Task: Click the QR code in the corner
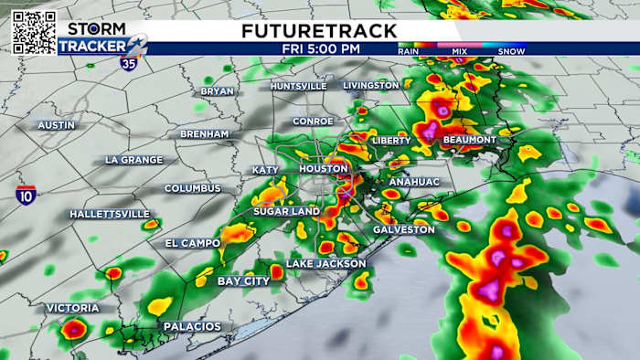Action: [33, 32]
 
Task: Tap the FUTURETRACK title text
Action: [319, 30]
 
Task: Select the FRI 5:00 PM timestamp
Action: [320, 48]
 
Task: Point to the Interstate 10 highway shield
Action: [27, 195]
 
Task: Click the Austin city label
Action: [56, 124]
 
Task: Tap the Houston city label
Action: [324, 169]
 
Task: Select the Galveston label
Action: [404, 229]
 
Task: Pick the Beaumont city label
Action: [469, 140]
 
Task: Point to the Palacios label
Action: [192, 326]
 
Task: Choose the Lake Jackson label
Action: [325, 263]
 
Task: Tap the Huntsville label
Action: [298, 86]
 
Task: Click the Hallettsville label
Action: [109, 214]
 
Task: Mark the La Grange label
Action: [133, 160]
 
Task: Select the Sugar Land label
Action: [286, 211]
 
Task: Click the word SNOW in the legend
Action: [510, 52]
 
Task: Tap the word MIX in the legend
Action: [461, 52]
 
